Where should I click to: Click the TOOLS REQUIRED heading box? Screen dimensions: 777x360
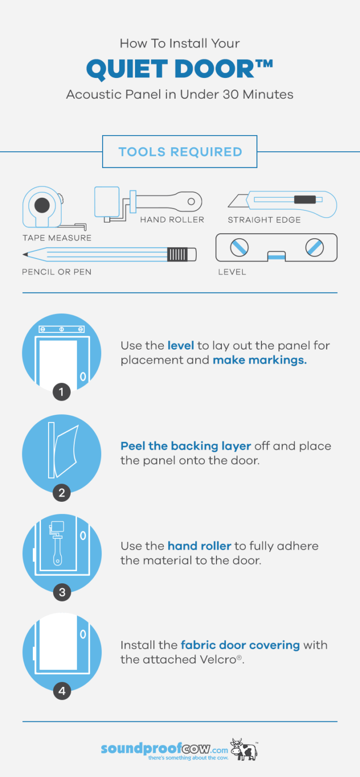coord(179,152)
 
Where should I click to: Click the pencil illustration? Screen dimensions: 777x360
coord(109,253)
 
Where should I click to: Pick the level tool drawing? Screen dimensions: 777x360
coord(276,247)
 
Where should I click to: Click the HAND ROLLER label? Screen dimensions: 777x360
coord(172,220)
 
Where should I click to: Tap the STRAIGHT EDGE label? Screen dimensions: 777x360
coord(264,220)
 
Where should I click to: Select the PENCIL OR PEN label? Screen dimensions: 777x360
coord(57,272)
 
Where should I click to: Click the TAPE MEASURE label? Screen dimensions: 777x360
coord(57,238)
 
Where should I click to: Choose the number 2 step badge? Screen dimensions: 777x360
coord(62,492)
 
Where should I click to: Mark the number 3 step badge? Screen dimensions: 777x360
coord(62,592)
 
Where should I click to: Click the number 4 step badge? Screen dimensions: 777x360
coord(62,691)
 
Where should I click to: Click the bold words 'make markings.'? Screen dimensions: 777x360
coord(259,361)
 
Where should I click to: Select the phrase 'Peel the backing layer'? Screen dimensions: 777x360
coord(186,446)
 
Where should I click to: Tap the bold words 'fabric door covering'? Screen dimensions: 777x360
coord(240,645)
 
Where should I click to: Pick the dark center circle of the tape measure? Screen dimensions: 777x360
coord(42,205)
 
